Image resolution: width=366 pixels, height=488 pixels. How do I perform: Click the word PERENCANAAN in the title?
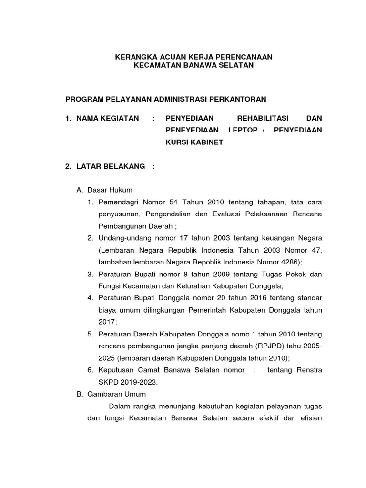(243, 57)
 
